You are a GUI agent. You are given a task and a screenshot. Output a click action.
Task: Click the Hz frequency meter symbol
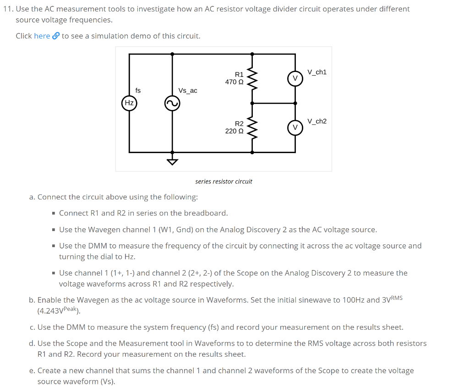tap(129, 103)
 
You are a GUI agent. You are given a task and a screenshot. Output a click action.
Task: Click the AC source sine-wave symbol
tap(172, 104)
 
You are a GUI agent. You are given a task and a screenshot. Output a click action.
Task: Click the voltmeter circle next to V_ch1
tap(295, 78)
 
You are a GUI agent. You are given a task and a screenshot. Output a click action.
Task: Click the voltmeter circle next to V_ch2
tap(295, 127)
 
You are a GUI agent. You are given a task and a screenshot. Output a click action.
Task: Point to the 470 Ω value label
tap(234, 82)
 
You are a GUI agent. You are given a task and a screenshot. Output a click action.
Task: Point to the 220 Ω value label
tap(234, 131)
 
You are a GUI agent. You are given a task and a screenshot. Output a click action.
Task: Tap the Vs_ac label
tap(188, 91)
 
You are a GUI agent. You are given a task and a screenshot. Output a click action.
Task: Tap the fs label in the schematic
tap(138, 91)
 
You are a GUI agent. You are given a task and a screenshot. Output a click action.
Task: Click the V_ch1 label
tap(317, 72)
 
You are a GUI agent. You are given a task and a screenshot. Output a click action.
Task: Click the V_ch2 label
tap(317, 121)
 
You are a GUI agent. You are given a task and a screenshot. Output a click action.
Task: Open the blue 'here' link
tap(42, 36)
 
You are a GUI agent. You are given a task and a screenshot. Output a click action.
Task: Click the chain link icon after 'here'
tap(56, 36)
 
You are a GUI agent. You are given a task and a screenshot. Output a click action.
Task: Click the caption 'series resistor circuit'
tap(224, 182)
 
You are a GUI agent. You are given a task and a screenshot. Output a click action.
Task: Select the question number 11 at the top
tap(7, 9)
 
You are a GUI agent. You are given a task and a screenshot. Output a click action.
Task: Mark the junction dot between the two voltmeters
tap(295, 103)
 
